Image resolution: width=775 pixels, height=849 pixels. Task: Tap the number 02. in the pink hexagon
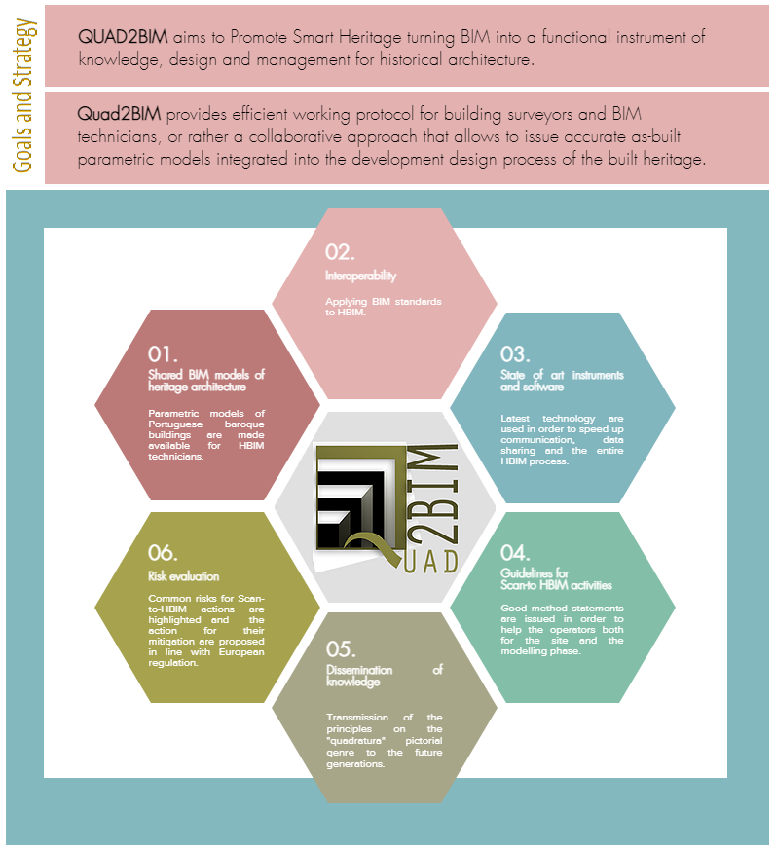tap(340, 251)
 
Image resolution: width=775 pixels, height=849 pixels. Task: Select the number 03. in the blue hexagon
tap(515, 353)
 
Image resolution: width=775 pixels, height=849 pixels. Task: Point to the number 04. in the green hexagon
tap(515, 552)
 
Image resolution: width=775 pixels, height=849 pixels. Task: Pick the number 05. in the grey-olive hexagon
tap(342, 648)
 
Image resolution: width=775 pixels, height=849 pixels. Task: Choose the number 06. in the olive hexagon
tap(163, 553)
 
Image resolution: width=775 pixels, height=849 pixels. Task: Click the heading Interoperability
tap(360, 277)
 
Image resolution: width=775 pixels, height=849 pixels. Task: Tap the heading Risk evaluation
tap(183, 576)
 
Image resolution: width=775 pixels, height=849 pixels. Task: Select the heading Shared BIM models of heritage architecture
tap(205, 381)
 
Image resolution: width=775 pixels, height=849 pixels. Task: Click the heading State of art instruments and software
tap(562, 381)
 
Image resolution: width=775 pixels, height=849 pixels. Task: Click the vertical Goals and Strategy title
tap(23, 92)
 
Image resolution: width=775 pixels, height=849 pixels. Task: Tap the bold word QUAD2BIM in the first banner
tap(123, 37)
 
